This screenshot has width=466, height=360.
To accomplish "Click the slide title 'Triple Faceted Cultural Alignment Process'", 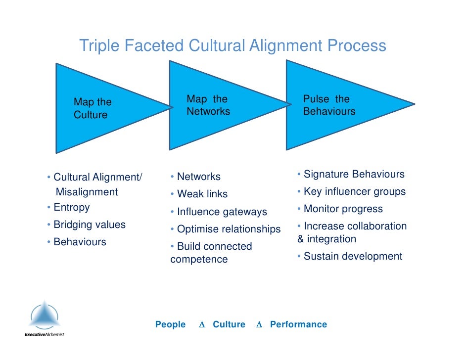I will (x=233, y=46).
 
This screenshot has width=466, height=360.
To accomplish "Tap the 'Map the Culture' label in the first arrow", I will (x=93, y=108).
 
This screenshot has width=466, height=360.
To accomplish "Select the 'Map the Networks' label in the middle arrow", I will (x=208, y=105).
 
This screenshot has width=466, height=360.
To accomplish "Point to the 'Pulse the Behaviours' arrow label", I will (x=328, y=105).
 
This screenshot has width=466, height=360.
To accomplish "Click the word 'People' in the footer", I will (x=170, y=324).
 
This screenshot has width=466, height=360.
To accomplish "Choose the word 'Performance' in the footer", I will (x=298, y=324).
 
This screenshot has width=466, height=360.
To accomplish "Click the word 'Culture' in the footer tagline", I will (x=229, y=324).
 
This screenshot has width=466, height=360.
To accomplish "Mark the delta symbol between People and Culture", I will (x=201, y=325).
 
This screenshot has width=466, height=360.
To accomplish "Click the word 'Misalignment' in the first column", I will (x=87, y=192).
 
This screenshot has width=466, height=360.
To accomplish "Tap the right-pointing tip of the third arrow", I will (x=413, y=104).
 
